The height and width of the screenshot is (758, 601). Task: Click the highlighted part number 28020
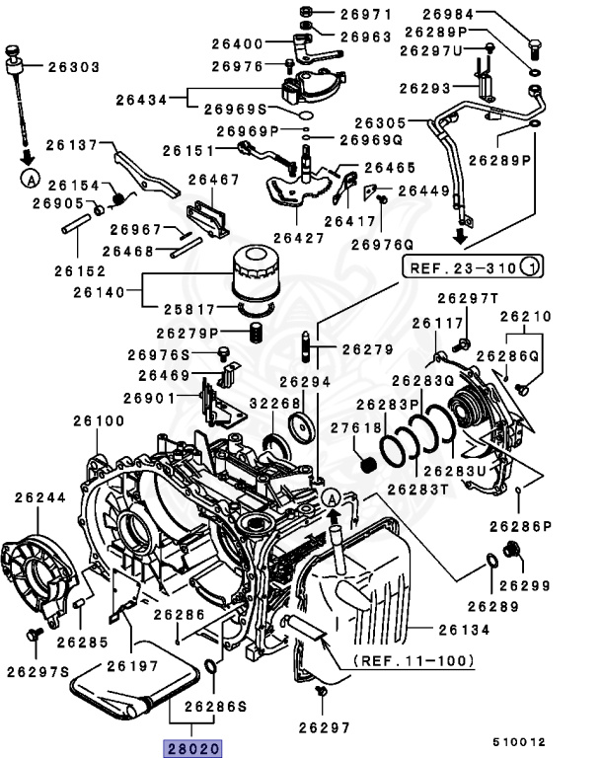coord(194,747)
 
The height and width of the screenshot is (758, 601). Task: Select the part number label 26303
coord(73,67)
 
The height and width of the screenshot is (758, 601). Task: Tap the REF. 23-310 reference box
coord(471,266)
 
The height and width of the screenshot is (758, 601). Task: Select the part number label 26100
coord(98,420)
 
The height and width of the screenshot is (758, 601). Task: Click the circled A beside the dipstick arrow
coord(30,180)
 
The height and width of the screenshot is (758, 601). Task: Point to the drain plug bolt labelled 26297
coord(319,699)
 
